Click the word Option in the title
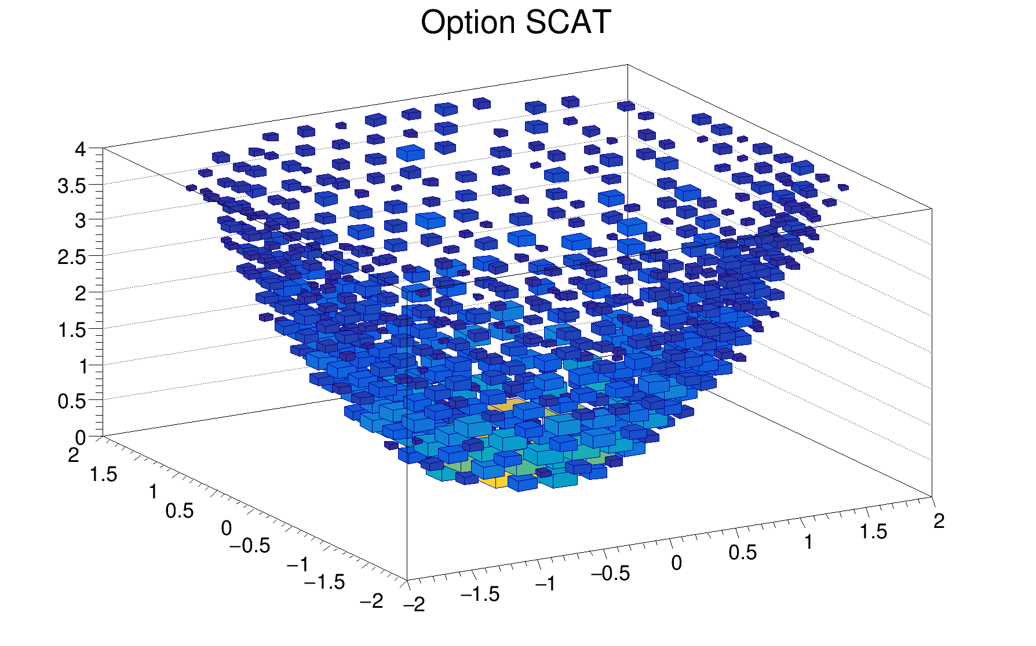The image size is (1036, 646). (x=468, y=23)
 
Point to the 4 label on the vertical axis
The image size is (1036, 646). (x=80, y=149)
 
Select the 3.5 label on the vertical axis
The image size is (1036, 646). (x=71, y=186)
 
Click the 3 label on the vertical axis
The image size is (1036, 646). (x=80, y=221)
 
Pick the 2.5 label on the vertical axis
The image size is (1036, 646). (x=71, y=258)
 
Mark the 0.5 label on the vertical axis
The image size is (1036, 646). (x=71, y=401)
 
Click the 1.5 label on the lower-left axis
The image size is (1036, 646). (x=103, y=475)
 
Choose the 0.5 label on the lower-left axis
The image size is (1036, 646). (x=179, y=511)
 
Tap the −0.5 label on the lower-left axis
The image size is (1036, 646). (x=250, y=546)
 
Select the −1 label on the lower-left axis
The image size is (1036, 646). (x=298, y=564)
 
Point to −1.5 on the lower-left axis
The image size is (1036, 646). (x=324, y=582)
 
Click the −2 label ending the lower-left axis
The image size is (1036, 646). (x=371, y=601)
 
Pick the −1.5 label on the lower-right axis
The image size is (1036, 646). (x=480, y=594)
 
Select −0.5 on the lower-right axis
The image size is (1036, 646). (x=610, y=573)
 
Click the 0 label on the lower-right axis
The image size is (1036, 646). (x=676, y=563)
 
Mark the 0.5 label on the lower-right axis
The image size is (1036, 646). (x=742, y=553)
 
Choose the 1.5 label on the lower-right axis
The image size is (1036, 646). (x=873, y=531)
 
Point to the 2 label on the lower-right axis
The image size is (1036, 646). (x=939, y=521)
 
